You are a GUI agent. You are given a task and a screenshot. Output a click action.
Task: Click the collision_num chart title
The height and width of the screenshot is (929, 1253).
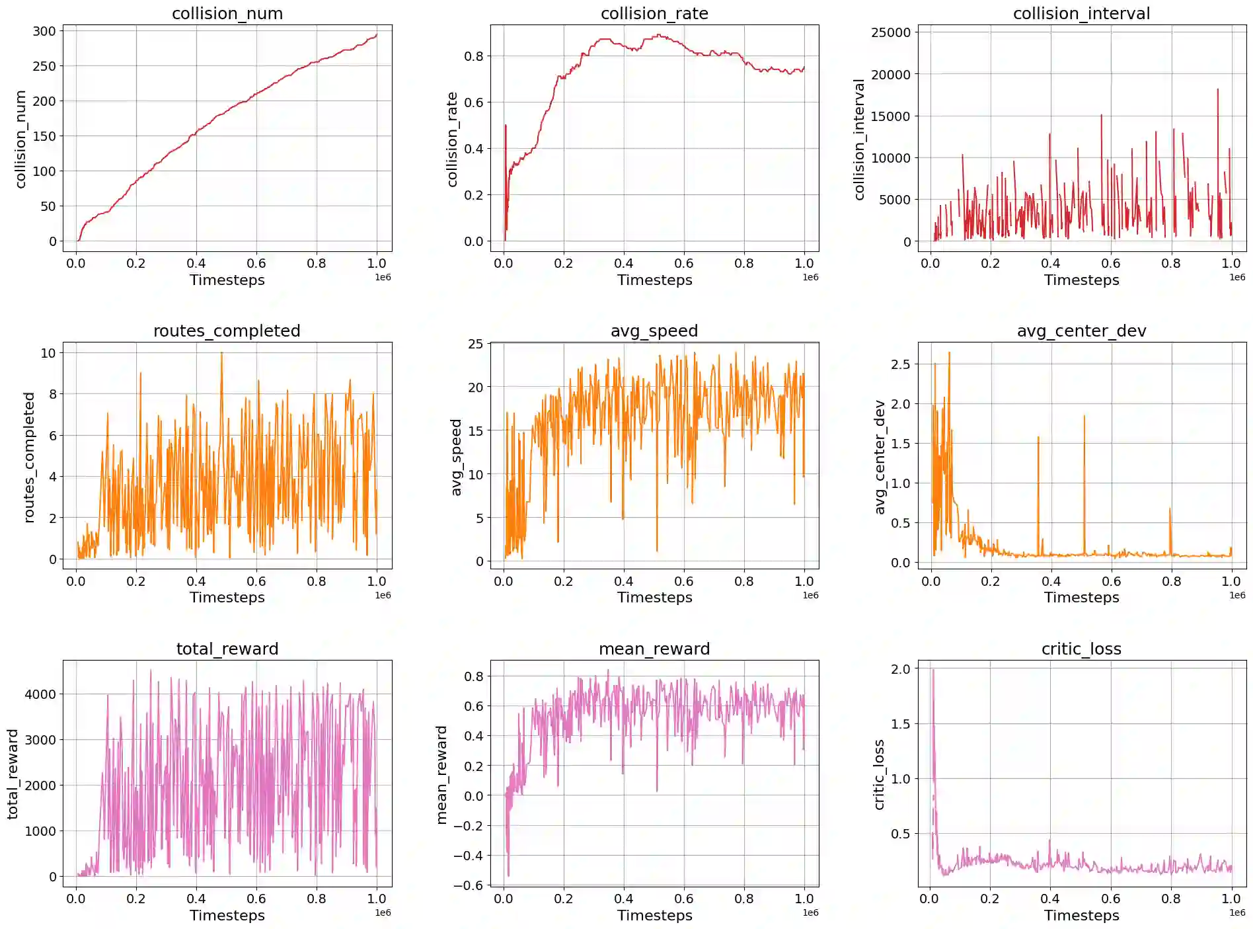[227, 13]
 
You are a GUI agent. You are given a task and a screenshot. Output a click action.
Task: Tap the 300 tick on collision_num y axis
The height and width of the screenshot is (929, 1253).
[44, 31]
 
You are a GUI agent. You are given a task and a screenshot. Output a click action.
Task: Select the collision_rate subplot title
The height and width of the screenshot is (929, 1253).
[654, 13]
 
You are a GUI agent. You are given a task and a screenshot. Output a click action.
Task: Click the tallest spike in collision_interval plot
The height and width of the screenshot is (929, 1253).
[1217, 90]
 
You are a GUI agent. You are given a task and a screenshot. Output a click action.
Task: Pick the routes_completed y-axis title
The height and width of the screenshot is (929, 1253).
[28, 457]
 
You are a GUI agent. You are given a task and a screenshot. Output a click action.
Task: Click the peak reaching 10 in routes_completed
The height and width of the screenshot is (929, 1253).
[221, 353]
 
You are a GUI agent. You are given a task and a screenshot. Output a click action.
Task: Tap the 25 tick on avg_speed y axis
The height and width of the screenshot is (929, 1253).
[475, 344]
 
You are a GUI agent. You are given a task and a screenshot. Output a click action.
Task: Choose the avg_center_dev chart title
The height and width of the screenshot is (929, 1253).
[1081, 331]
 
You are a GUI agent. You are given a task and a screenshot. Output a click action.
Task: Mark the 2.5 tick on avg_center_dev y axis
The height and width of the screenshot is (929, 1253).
[900, 364]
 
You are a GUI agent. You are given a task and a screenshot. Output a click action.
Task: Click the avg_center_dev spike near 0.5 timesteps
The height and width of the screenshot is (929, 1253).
[1084, 417]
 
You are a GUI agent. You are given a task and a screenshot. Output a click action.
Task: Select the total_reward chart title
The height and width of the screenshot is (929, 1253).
[227, 649]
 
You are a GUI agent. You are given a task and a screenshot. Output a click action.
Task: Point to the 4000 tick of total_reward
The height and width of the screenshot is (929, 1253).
[40, 694]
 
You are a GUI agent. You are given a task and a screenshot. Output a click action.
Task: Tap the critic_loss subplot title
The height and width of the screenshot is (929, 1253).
[1081, 649]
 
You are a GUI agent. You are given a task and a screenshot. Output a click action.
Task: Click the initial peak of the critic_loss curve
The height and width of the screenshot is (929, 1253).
[933, 670]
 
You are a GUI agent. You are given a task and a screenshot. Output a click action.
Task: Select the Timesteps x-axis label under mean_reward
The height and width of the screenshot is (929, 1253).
[654, 915]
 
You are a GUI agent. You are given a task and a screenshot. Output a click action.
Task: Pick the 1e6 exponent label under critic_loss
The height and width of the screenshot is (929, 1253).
[1237, 912]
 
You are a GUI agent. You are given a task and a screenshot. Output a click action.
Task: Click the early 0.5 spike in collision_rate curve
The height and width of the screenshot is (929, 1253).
[506, 126]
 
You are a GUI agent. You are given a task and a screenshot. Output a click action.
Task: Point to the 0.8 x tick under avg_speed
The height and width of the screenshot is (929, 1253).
[744, 581]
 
